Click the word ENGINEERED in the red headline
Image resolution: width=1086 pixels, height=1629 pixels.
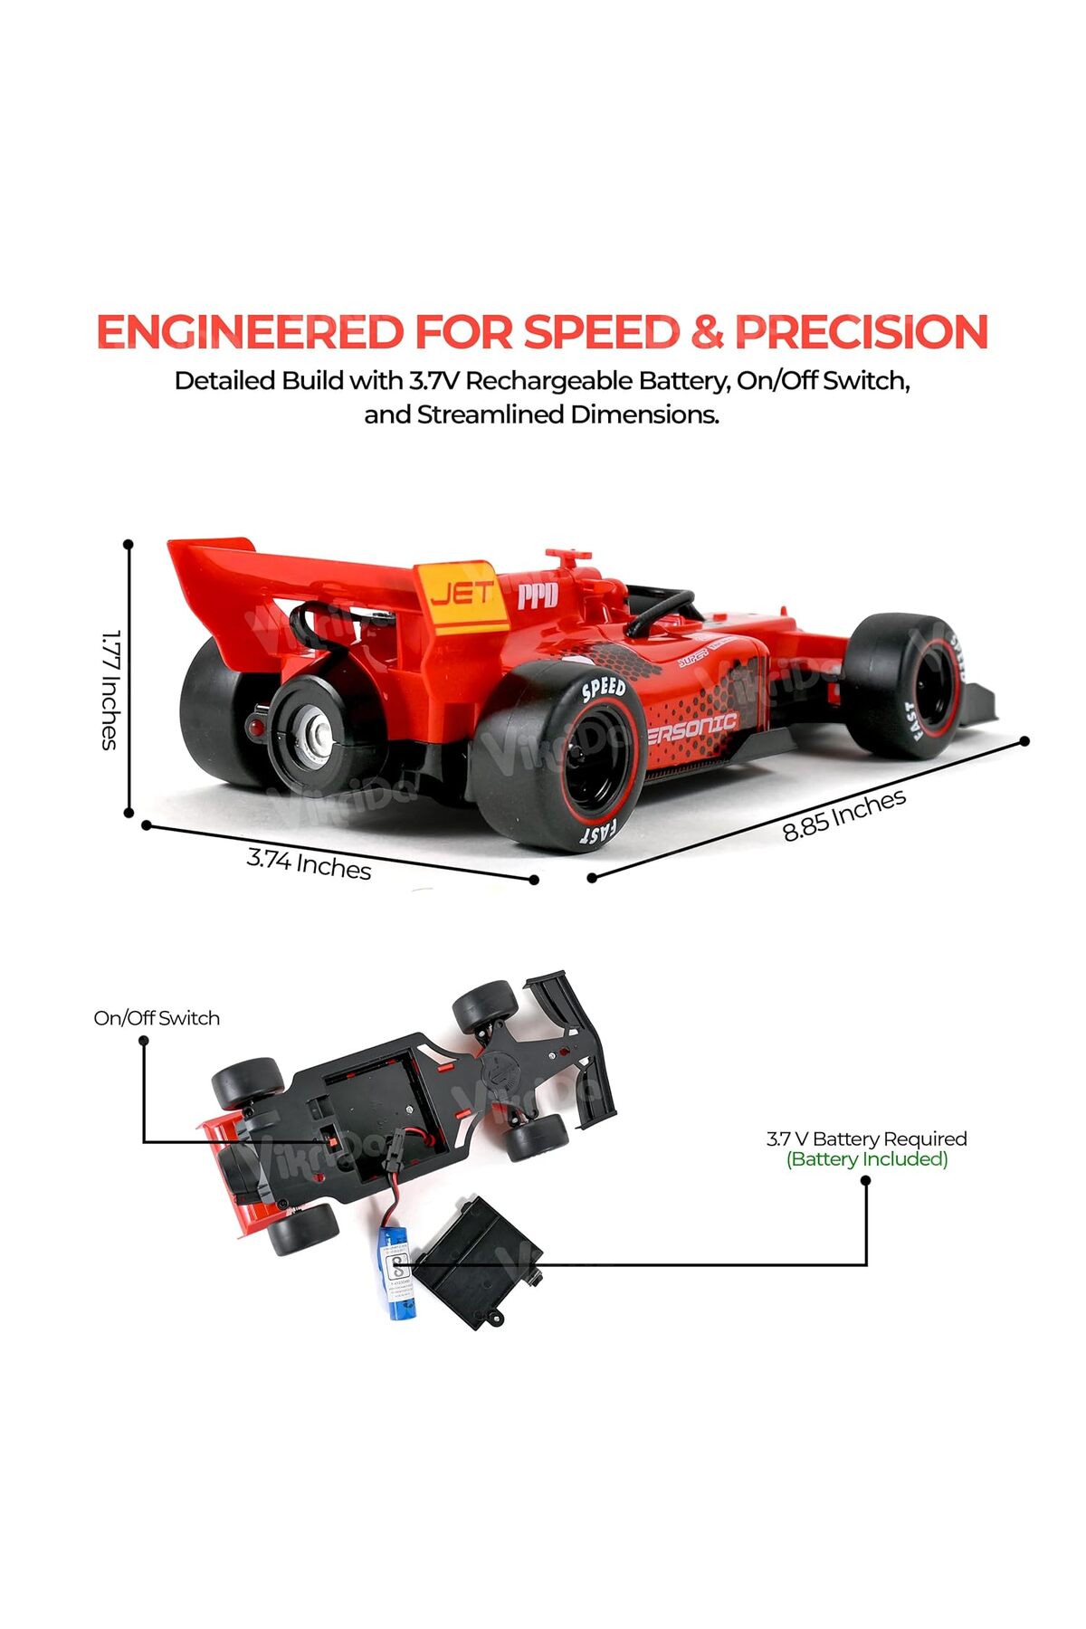(250, 332)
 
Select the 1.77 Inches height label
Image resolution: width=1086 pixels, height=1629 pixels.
(110, 690)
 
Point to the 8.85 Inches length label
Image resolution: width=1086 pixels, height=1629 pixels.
(843, 814)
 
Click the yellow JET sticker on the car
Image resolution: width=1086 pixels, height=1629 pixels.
(462, 596)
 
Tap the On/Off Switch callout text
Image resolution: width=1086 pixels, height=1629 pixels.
(157, 1018)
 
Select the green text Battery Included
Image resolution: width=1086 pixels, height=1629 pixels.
(867, 1159)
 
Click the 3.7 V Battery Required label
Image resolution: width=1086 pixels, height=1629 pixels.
(866, 1138)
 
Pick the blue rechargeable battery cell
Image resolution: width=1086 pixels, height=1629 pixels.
(396, 1272)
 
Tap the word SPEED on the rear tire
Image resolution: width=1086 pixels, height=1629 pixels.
(603, 690)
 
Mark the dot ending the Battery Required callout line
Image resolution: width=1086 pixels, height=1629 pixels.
(866, 1180)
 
